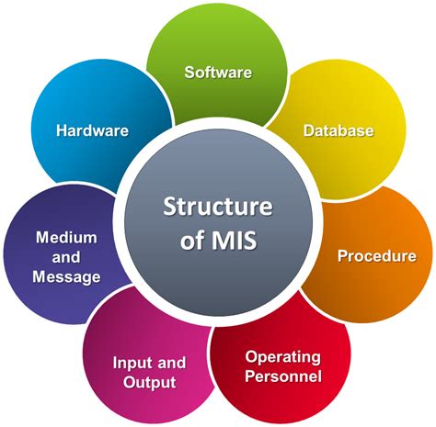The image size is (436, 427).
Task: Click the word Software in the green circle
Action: coord(218,72)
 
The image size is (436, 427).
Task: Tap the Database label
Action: coord(338,130)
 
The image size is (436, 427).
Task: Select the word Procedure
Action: coord(376,255)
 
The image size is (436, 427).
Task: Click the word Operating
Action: coord(282,356)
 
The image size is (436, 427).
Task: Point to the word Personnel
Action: coord(283,376)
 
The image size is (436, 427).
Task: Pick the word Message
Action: coord(66,276)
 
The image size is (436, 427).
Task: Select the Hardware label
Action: coord(92,130)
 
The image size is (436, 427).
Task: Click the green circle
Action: coord(218,41)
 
